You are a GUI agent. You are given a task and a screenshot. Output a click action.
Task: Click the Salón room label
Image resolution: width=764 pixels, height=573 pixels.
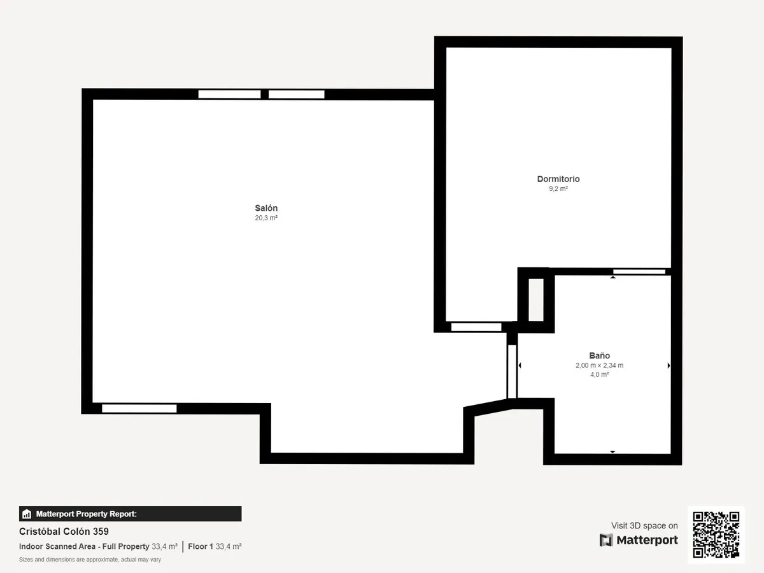point(266,208)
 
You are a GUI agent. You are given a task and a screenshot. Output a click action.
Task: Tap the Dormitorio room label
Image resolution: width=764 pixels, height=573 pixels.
point(558,179)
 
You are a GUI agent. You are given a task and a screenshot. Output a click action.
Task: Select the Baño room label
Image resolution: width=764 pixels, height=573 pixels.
point(599,355)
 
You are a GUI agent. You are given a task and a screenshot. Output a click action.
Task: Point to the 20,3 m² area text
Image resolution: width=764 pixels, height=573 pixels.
point(266,218)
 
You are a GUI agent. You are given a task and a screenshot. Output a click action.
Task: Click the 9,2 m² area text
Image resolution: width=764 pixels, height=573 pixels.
point(558,188)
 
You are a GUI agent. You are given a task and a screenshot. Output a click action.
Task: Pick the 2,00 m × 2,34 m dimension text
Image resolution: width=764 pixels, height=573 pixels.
point(599,365)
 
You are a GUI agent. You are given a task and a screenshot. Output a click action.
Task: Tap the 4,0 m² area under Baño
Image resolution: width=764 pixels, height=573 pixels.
point(599,374)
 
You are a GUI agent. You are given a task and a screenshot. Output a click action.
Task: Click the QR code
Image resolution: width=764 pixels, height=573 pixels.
point(716,535)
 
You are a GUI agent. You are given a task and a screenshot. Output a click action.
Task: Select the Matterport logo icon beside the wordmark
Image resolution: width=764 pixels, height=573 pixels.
point(606,540)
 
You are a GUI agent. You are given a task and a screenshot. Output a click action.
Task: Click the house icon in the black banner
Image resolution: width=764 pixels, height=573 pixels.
point(27,514)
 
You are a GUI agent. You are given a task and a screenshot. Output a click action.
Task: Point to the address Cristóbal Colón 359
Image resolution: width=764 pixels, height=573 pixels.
point(64,531)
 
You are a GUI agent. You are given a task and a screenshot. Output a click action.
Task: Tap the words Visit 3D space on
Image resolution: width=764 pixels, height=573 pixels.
point(644,525)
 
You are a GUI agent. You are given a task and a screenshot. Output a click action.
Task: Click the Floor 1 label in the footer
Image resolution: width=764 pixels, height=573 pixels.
point(201,546)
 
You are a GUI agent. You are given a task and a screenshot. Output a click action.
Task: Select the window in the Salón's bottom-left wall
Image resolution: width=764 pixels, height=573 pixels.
point(139,409)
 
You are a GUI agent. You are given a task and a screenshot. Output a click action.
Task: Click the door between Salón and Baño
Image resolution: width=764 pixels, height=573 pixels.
point(512,371)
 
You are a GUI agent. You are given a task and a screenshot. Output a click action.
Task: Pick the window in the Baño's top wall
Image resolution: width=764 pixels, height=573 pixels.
point(639,271)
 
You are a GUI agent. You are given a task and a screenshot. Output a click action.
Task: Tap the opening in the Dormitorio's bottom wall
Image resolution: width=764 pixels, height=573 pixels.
point(476,327)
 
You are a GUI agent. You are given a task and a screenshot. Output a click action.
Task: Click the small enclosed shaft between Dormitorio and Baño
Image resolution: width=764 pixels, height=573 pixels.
point(536,300)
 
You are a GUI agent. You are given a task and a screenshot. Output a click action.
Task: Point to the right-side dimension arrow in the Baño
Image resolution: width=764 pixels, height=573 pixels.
point(668,365)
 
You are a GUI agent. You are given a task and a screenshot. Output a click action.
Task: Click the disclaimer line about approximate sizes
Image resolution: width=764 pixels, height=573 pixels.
point(90,560)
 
